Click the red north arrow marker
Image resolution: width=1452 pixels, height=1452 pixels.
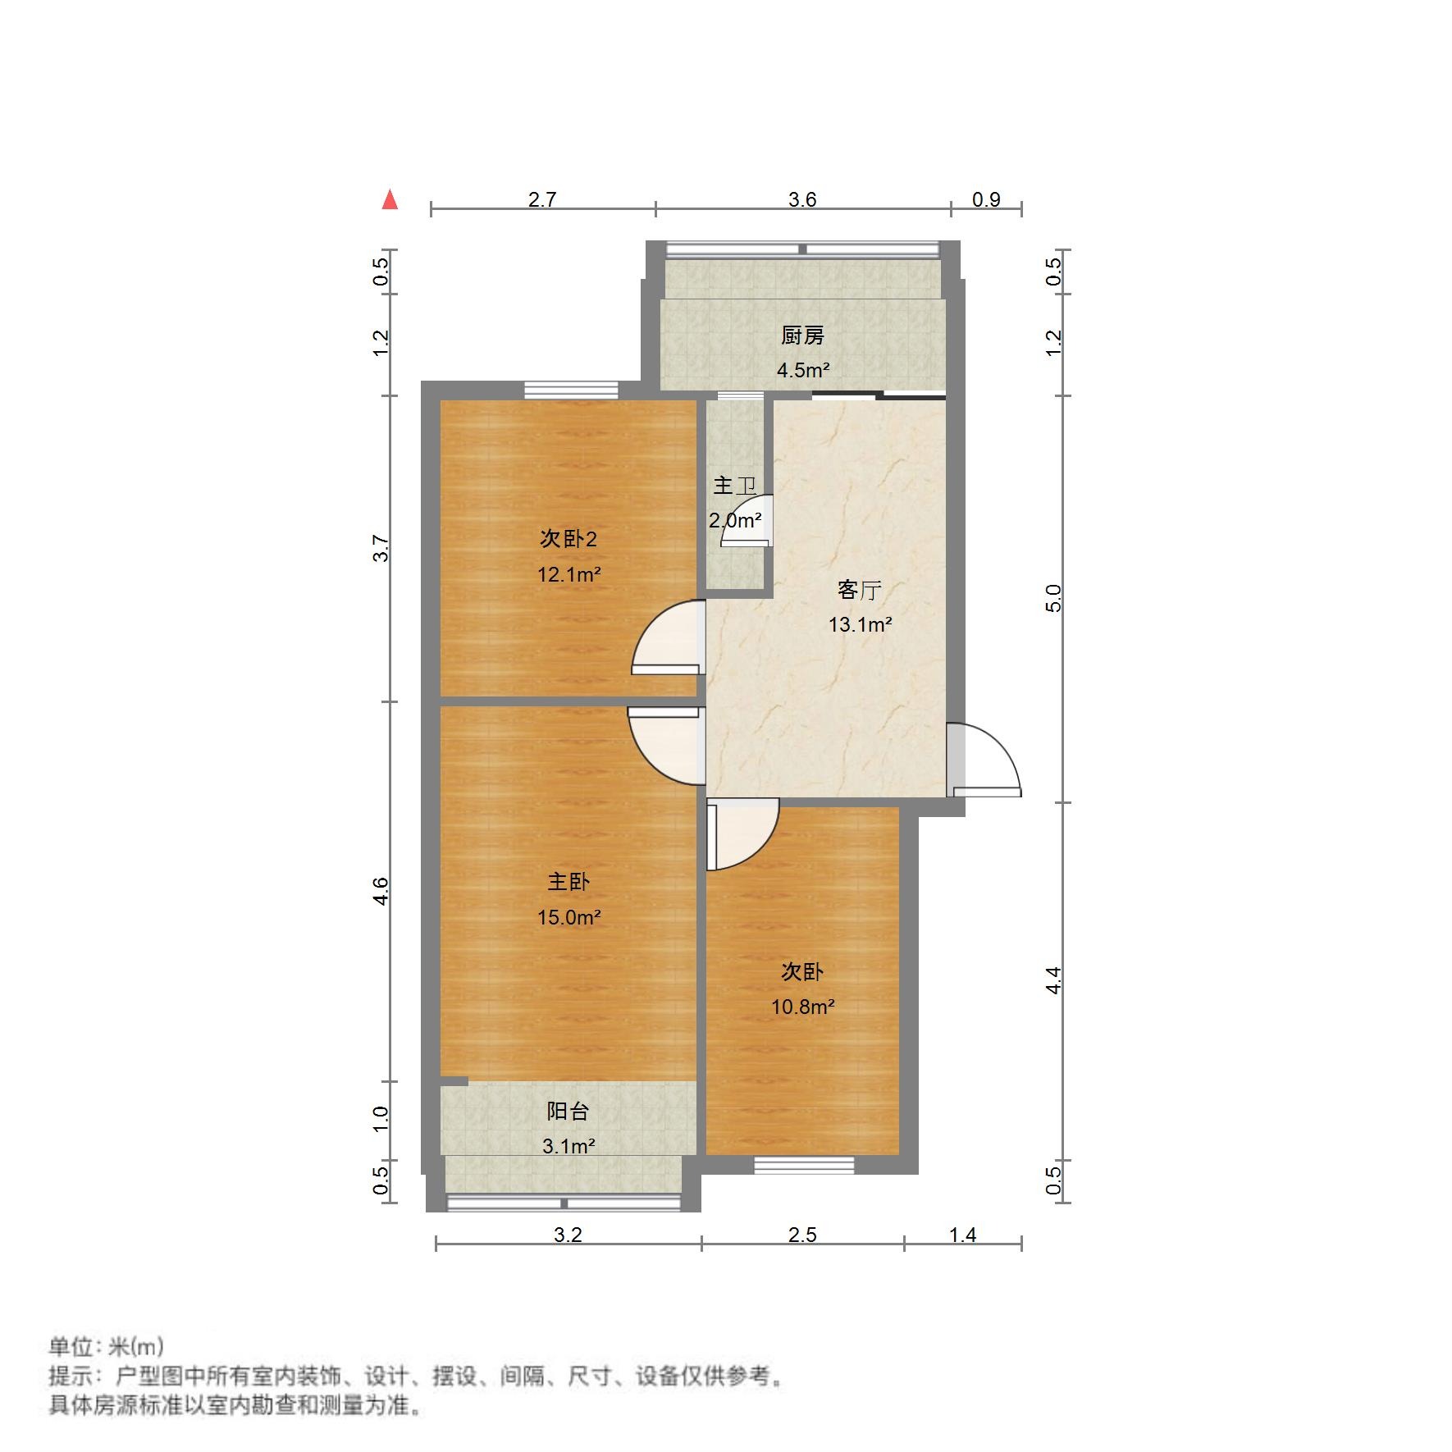pyautogui.click(x=390, y=200)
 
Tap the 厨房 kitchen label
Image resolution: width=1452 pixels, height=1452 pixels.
pyautogui.click(x=802, y=335)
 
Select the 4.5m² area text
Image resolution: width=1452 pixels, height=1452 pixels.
pyautogui.click(x=803, y=370)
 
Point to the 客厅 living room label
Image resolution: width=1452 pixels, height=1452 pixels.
pyautogui.click(x=859, y=590)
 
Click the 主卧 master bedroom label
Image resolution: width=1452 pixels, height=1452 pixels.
pyautogui.click(x=568, y=882)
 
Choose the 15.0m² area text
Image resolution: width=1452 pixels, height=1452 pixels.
pyautogui.click(x=568, y=917)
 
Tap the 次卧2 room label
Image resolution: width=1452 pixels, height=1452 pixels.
pyautogui.click(x=568, y=538)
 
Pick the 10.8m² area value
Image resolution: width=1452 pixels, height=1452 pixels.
pyautogui.click(x=802, y=1007)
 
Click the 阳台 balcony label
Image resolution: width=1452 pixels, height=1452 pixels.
pyautogui.click(x=568, y=1111)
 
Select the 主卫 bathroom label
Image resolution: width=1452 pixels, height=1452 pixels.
pyautogui.click(x=733, y=486)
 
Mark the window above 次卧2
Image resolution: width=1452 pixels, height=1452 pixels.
pyautogui.click(x=571, y=390)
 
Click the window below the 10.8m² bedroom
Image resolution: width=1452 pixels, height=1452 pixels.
pyautogui.click(x=804, y=1164)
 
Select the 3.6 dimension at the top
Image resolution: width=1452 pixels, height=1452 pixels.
pyautogui.click(x=802, y=199)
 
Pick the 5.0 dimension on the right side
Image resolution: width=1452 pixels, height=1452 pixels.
pyautogui.click(x=1053, y=598)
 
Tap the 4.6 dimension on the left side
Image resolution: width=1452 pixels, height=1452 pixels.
pyautogui.click(x=381, y=891)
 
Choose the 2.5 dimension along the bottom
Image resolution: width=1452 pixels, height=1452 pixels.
pyautogui.click(x=802, y=1235)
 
